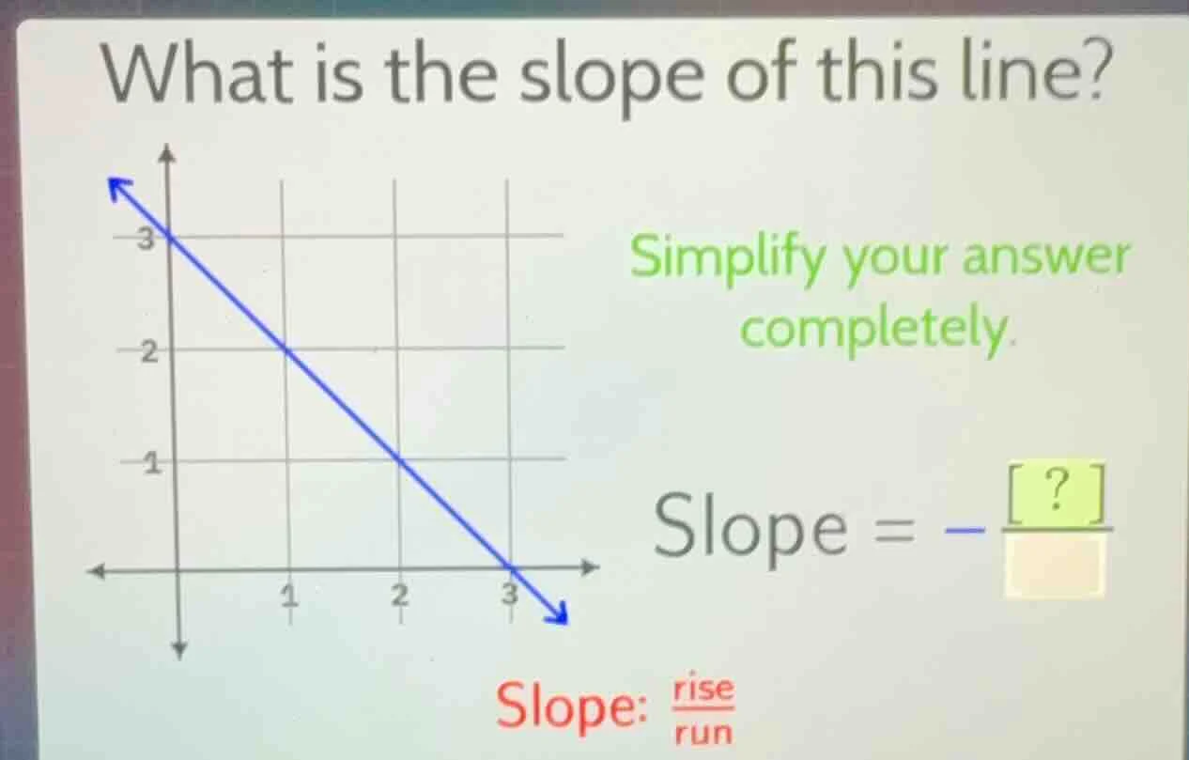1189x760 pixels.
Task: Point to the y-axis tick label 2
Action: point(147,353)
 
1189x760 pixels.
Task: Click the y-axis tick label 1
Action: point(148,462)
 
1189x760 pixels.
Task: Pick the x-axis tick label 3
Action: point(508,594)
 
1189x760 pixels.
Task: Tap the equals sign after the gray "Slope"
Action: point(900,531)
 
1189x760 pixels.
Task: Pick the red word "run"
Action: point(703,731)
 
